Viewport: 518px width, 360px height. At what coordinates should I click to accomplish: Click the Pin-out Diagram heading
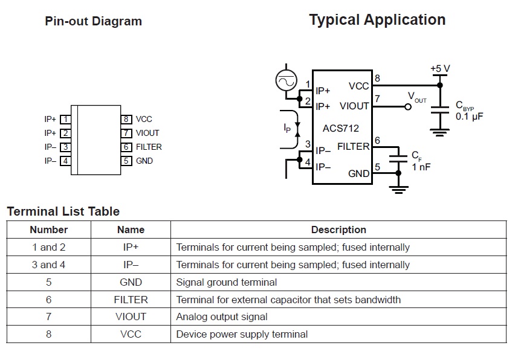click(93, 22)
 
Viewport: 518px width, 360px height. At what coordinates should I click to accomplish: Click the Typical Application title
click(377, 20)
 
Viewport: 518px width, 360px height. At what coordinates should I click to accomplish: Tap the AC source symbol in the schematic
click(285, 80)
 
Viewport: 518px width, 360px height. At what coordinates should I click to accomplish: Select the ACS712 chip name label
click(342, 128)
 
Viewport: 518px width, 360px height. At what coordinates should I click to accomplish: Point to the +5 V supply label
click(440, 69)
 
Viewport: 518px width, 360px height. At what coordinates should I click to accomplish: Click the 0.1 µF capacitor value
click(470, 117)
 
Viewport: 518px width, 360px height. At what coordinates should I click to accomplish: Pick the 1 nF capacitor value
click(421, 167)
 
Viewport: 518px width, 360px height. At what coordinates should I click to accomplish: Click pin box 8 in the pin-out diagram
click(126, 120)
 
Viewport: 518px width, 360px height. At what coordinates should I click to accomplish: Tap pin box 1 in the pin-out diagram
click(65, 120)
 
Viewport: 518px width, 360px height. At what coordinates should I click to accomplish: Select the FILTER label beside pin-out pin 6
click(149, 147)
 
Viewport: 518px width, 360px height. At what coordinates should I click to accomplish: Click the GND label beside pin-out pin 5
click(144, 161)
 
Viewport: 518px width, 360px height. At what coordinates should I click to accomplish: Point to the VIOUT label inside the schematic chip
click(354, 106)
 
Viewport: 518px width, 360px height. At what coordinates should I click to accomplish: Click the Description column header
click(338, 230)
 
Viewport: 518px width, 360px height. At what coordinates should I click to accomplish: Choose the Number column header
click(49, 230)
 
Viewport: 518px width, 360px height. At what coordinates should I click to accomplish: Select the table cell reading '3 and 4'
click(49, 265)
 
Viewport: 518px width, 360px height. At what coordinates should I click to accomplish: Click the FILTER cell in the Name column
click(131, 300)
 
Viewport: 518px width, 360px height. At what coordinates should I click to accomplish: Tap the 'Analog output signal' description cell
click(222, 317)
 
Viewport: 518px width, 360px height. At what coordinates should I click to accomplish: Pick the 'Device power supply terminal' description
click(242, 334)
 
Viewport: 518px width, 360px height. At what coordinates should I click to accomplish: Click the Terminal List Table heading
click(63, 211)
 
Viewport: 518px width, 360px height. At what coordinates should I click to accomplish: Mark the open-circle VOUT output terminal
click(407, 106)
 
